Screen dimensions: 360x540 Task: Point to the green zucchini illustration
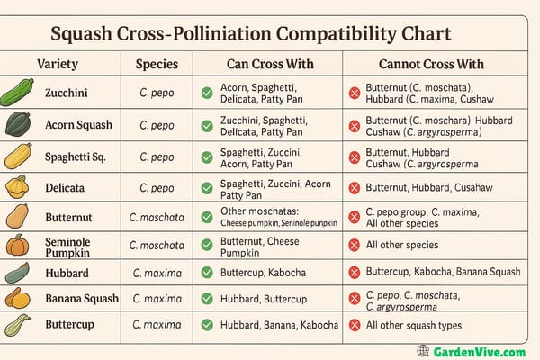pos(17,93)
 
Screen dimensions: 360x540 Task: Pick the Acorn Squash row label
pos(77,124)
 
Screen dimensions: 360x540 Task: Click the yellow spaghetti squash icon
pos(17,157)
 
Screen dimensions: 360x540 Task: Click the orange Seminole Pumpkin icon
pos(16,245)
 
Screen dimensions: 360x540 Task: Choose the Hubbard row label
pos(66,273)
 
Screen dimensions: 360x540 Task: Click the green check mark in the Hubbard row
pos(207,273)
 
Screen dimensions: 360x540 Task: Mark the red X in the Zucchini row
pos(355,93)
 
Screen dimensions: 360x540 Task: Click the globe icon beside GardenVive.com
pos(423,350)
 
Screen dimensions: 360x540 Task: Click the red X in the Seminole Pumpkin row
pos(355,245)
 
